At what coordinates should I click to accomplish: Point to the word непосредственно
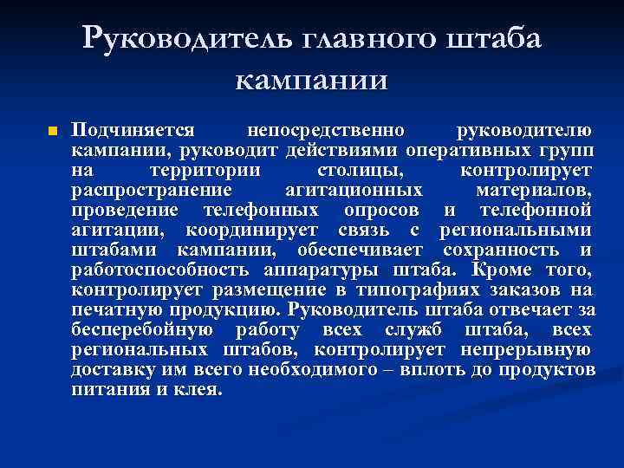326,131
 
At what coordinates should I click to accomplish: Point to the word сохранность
504,250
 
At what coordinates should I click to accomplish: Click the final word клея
204,389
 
